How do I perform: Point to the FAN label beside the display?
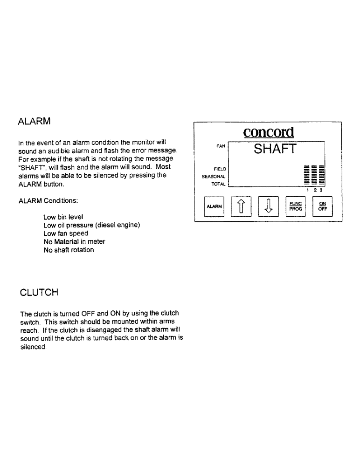tap(221, 145)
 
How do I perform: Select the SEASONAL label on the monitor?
tap(214, 177)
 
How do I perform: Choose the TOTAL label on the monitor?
tap(219, 184)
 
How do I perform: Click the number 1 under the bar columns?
tap(307, 190)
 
